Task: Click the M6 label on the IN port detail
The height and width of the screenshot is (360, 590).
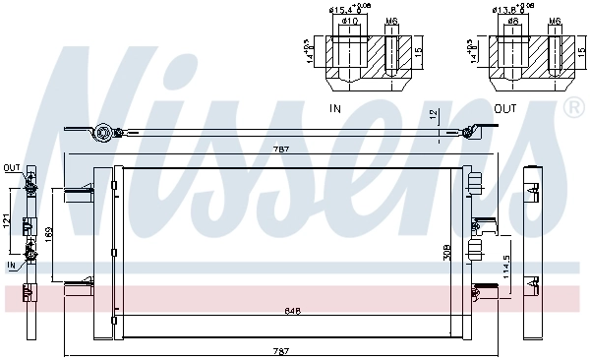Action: point(390,21)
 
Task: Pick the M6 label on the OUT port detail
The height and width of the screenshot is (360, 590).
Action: point(554,21)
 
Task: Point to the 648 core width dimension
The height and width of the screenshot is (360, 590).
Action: point(293,310)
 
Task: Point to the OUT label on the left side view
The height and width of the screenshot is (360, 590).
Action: point(11,167)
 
